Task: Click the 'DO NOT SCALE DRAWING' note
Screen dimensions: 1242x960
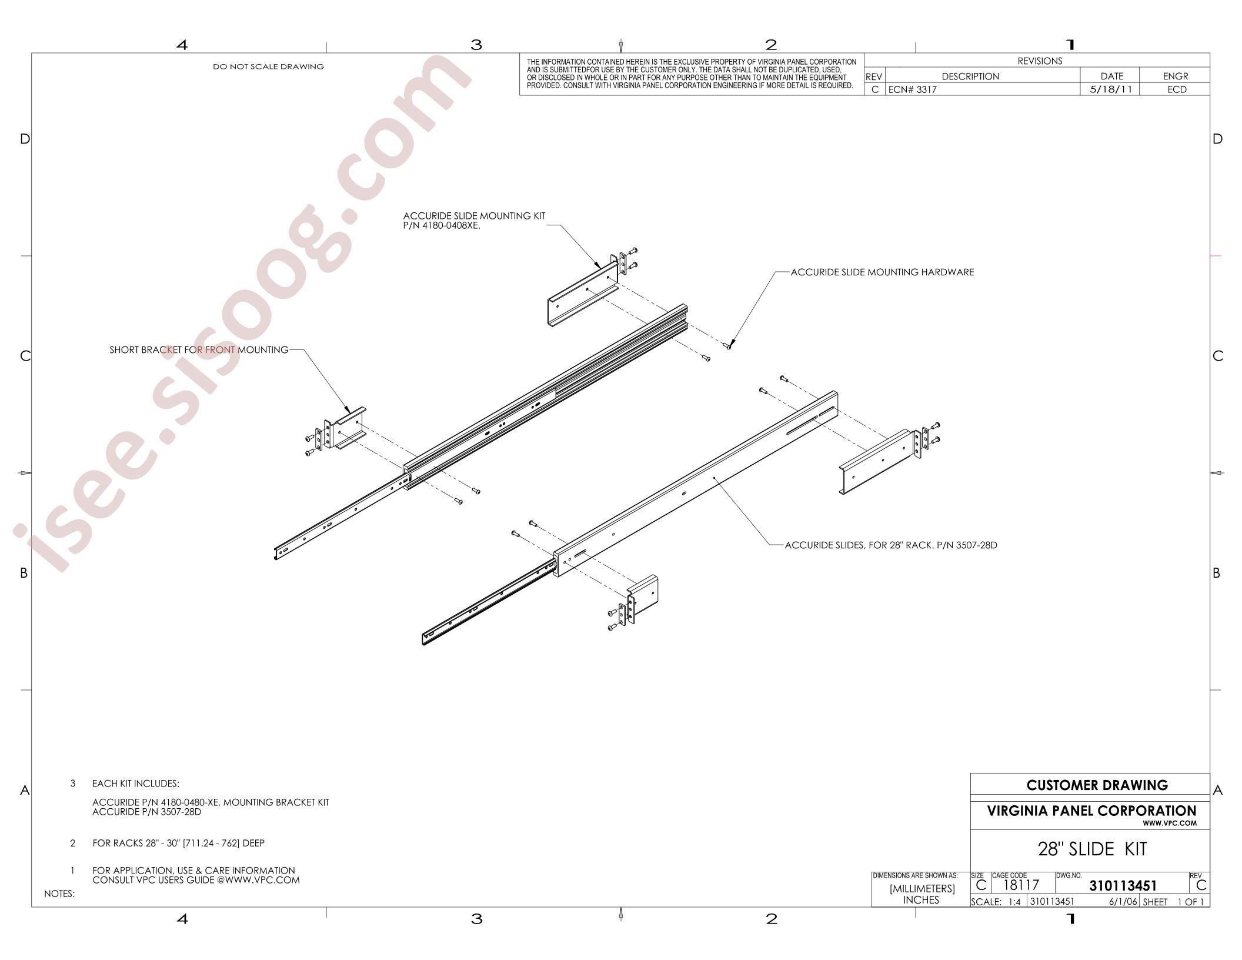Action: coord(268,66)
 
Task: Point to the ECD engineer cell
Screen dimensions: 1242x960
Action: coord(1177,89)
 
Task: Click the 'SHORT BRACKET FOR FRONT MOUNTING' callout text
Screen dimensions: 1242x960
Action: coord(199,350)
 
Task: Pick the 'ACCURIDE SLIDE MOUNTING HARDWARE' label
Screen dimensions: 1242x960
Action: coord(882,272)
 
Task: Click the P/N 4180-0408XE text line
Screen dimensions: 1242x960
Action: coord(442,225)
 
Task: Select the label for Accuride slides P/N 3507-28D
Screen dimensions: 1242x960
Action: coord(891,545)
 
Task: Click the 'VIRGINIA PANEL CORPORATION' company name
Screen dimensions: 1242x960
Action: coord(1091,811)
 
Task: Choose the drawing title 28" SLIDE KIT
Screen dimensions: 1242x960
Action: coord(1092,849)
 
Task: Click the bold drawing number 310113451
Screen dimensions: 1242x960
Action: coord(1123,886)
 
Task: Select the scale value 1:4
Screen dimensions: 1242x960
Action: coord(1014,902)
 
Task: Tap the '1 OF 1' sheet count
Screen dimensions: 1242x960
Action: coord(1190,902)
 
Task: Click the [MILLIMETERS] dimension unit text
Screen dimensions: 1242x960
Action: coord(922,888)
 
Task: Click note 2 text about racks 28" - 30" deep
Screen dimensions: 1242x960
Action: coord(178,843)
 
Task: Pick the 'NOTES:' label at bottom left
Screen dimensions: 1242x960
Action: coord(59,894)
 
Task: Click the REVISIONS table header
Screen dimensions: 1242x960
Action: coord(1040,61)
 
